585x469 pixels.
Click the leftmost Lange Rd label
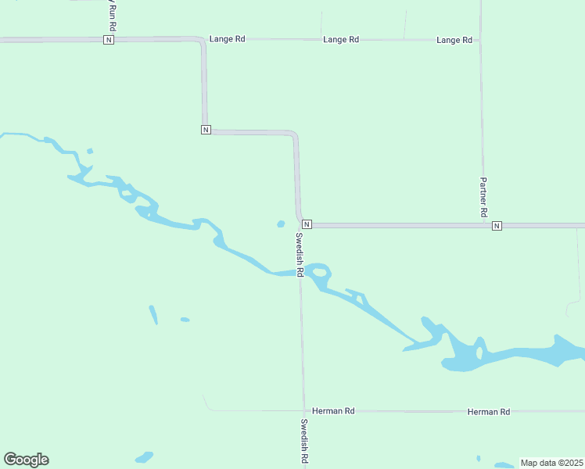coord(227,39)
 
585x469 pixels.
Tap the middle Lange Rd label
coord(341,39)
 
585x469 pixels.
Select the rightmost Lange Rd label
coord(454,40)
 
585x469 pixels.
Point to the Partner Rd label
coord(483,197)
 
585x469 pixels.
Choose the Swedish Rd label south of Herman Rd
coord(304,442)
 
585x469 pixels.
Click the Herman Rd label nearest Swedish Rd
coord(333,410)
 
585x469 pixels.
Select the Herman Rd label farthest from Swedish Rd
coord(489,411)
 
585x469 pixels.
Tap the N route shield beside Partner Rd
coord(497,226)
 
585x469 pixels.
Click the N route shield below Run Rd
coord(109,40)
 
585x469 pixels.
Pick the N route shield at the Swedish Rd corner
coord(307,224)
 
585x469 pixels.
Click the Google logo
coord(26,460)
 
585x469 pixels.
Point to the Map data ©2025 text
coord(551,463)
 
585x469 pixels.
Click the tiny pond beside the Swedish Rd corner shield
coord(281,224)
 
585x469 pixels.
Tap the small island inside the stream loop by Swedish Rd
coord(320,273)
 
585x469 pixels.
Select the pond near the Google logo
coord(145,456)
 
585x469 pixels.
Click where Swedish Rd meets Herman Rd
coord(304,410)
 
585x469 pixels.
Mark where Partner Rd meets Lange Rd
coord(480,40)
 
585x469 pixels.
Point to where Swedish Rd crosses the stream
coord(300,273)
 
